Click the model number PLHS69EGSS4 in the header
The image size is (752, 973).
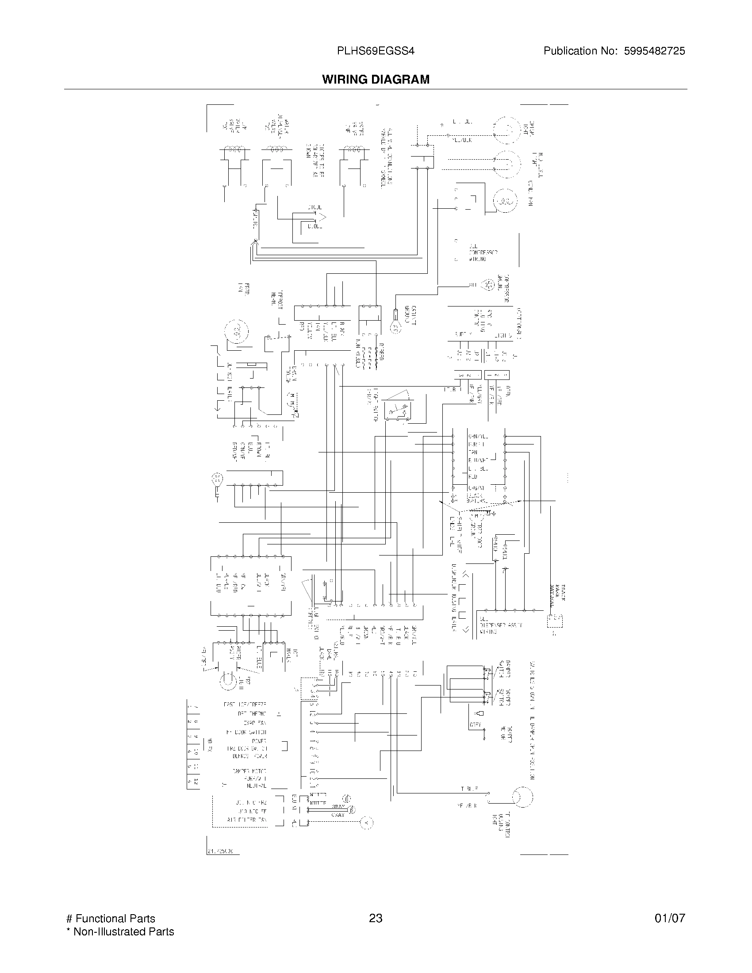coord(376,51)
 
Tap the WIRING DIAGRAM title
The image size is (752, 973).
coord(376,79)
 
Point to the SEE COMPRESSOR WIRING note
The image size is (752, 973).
coord(482,252)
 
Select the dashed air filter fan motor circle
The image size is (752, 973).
coord(366,823)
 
